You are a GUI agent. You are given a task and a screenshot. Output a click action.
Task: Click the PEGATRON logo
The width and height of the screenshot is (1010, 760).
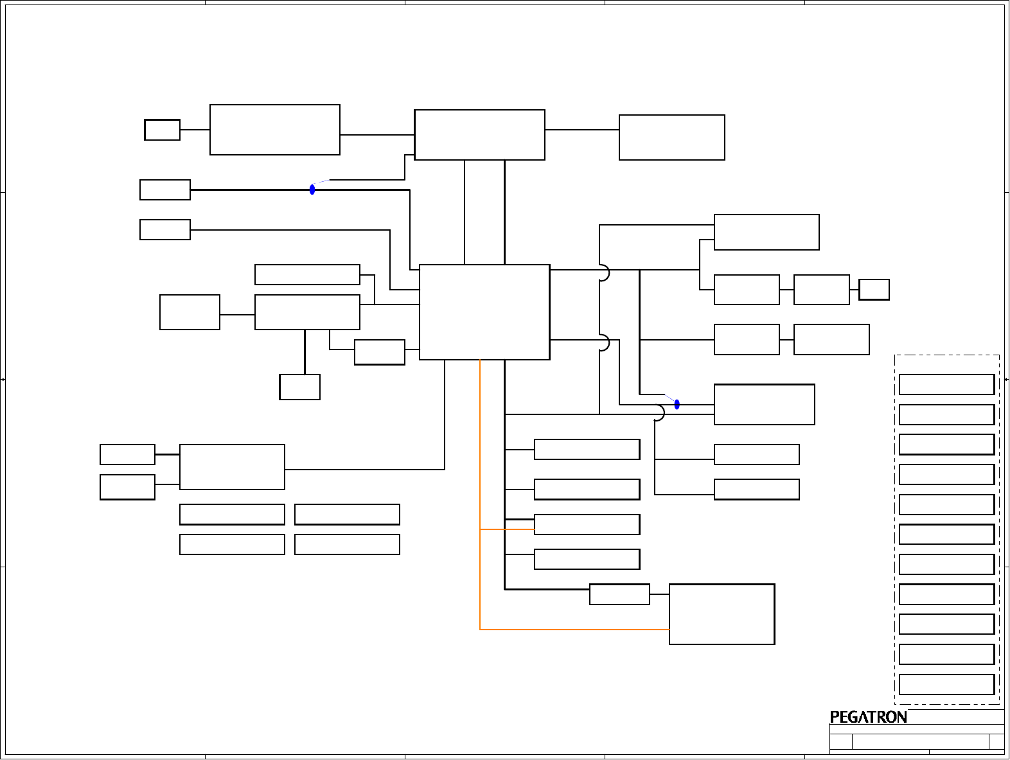pyautogui.click(x=868, y=717)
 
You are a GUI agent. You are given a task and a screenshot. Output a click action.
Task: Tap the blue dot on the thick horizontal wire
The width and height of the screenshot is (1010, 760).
pyautogui.click(x=312, y=190)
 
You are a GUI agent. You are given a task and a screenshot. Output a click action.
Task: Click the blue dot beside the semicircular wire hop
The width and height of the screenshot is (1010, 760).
pyautogui.click(x=677, y=404)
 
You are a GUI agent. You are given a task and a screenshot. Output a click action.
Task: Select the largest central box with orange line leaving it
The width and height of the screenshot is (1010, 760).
pyautogui.click(x=484, y=312)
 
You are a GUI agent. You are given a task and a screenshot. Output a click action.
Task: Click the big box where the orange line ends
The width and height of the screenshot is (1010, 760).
pyautogui.click(x=722, y=614)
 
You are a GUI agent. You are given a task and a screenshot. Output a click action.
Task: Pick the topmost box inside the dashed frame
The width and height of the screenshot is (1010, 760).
pyautogui.click(x=946, y=384)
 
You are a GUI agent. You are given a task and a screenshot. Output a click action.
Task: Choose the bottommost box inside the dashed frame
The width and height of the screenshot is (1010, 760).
pyautogui.click(x=946, y=684)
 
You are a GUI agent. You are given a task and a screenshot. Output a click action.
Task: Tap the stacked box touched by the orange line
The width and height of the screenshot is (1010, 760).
pyautogui.click(x=587, y=524)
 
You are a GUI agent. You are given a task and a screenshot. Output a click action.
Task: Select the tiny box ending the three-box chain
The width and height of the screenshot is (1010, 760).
pyautogui.click(x=874, y=289)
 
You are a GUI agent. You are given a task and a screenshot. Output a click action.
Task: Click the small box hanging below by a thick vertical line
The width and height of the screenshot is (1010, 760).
pyautogui.click(x=299, y=387)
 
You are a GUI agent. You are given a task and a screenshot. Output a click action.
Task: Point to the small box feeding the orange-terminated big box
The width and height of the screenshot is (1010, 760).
pyautogui.click(x=619, y=594)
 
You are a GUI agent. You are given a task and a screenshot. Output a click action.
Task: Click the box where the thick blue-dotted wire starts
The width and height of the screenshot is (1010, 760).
pyautogui.click(x=165, y=190)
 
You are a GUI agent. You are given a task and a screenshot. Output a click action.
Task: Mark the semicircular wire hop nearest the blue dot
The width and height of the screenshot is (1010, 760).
pyautogui.click(x=659, y=412)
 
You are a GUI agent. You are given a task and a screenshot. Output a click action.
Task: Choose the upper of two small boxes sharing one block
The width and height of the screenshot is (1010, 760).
pyautogui.click(x=127, y=454)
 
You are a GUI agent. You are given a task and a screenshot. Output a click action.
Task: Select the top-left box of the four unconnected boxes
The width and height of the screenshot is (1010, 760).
pyautogui.click(x=232, y=514)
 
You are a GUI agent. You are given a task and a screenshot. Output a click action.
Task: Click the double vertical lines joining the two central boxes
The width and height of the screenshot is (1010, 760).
pyautogui.click(x=484, y=212)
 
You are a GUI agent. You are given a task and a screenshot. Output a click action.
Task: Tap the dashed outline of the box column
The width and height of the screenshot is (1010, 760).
pyautogui.click(x=895, y=527)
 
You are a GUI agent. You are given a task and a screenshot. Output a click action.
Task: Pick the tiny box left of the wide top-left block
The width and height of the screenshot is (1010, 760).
pyautogui.click(x=162, y=130)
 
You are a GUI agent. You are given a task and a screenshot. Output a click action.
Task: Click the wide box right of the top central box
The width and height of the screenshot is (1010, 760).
pyautogui.click(x=671, y=137)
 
